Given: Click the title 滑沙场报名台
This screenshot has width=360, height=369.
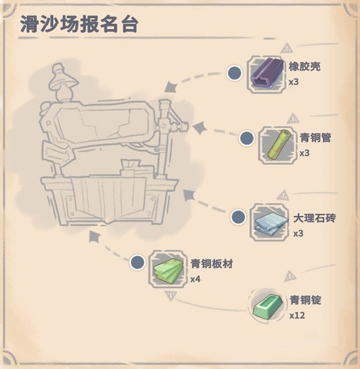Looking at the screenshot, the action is click(79, 24).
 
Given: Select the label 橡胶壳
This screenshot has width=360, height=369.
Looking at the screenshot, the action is click(304, 67).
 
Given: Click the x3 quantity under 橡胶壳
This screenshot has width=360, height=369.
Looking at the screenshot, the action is click(294, 82).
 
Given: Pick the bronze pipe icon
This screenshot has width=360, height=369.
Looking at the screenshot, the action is click(278, 145).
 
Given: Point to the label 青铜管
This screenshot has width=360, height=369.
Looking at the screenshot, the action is click(315, 137).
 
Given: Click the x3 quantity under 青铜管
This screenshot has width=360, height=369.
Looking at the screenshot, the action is click(304, 153).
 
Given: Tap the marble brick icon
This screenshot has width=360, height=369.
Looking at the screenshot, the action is click(270, 223).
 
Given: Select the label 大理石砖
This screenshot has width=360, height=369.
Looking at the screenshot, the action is click(315, 219).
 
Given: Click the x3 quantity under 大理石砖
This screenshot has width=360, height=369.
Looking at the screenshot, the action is click(298, 233).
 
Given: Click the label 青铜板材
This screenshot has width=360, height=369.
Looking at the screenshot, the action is click(211, 264).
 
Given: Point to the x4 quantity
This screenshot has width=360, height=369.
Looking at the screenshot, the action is click(195, 279).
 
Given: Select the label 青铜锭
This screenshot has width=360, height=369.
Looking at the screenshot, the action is click(306, 300).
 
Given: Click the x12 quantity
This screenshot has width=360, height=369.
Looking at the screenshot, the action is click(297, 315).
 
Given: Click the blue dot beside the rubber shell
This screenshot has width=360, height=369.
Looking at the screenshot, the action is click(234, 73).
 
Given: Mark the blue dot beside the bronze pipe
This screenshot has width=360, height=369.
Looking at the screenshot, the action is click(246, 138).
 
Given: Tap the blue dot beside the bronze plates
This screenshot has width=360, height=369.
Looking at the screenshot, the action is click(138, 262).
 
